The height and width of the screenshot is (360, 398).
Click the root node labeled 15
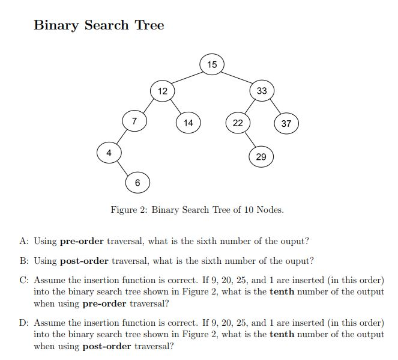click(212, 64)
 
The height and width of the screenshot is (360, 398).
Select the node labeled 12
click(163, 91)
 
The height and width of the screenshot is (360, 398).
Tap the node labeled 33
click(262, 91)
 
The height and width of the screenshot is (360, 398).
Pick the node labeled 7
click(134, 121)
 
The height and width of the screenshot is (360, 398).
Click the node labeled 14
click(188, 123)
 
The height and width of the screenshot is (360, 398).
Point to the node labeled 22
click(238, 123)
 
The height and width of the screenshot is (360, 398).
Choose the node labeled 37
click(286, 124)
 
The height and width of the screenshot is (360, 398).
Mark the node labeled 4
click(109, 153)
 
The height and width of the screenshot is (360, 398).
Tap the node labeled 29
click(261, 156)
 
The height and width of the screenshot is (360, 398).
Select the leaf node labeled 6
click(137, 183)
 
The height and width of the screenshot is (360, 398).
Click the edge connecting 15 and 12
click(187, 78)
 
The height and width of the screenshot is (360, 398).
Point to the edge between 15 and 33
click(237, 78)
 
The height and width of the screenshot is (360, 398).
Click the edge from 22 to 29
click(249, 139)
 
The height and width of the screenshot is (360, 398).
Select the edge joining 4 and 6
click(123, 168)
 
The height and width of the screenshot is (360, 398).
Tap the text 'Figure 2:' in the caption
click(129, 210)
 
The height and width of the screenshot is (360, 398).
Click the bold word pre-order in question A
click(82, 242)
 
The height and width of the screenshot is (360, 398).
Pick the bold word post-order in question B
click(84, 261)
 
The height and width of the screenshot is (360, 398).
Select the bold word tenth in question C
click(282, 291)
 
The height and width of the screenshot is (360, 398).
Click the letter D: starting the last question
click(24, 323)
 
